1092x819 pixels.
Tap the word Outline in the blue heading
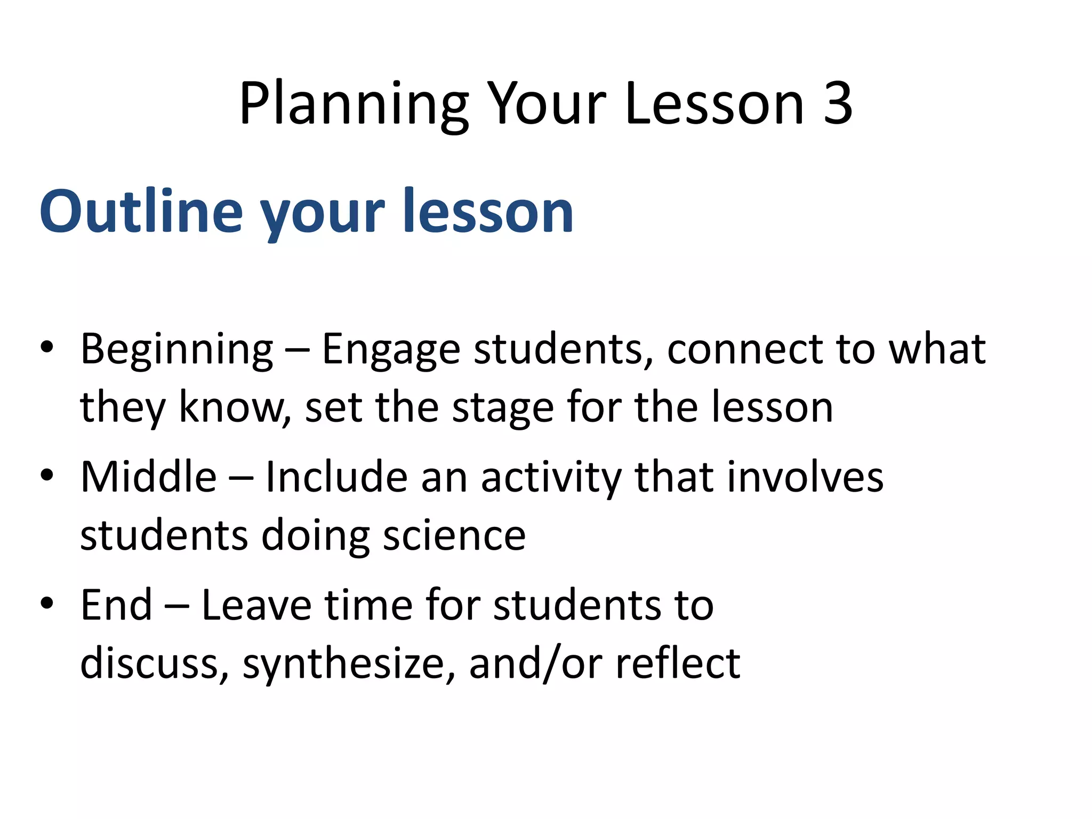pos(141,212)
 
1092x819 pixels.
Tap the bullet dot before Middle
pos(47,475)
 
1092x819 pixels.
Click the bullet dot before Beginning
pos(47,347)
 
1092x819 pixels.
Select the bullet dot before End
pos(47,603)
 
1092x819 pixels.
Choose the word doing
pos(315,536)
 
